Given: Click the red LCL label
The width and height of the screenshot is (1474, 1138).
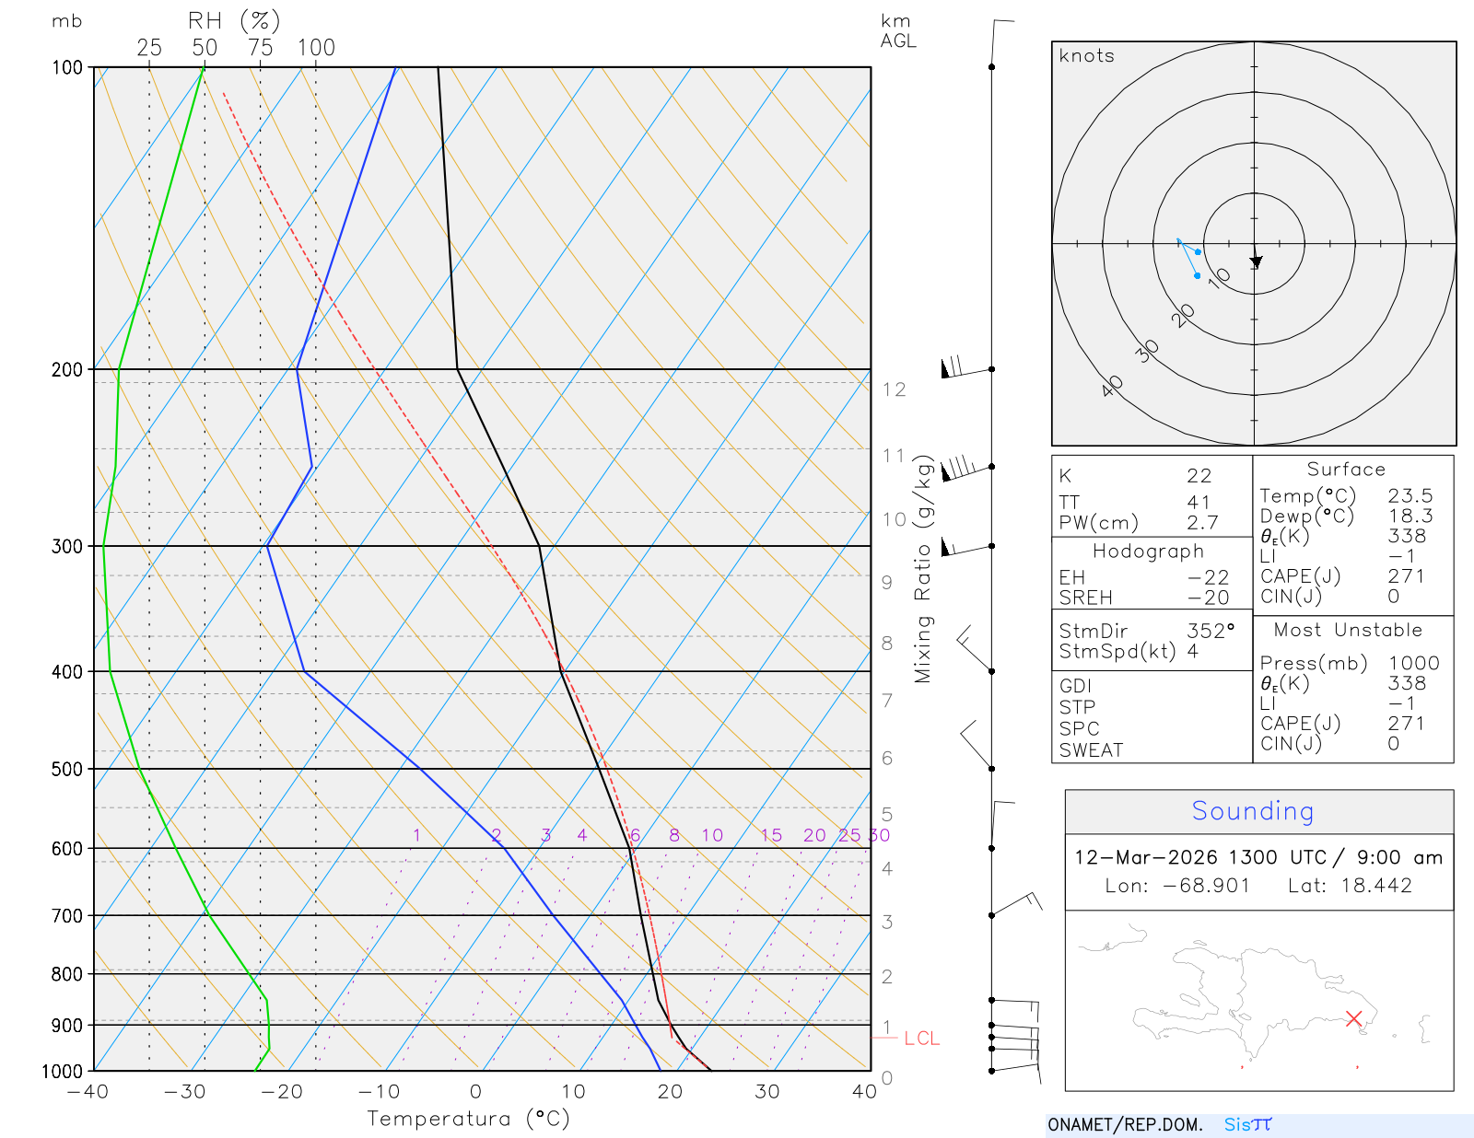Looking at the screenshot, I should (921, 1039).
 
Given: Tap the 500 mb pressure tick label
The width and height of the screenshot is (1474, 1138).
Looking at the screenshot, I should (66, 769).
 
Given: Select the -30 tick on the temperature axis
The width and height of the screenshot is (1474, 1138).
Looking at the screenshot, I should (184, 1092).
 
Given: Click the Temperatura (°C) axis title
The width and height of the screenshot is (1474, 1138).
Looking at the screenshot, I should (468, 1119).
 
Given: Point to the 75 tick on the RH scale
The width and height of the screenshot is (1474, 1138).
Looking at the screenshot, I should (260, 48).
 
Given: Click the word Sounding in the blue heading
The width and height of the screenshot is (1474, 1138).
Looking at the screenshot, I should (1252, 811).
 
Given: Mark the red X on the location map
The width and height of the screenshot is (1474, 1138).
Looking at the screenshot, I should (1353, 1018).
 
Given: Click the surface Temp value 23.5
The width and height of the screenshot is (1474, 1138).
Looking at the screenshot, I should (1410, 496).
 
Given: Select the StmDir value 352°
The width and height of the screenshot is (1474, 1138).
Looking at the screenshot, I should (1210, 632).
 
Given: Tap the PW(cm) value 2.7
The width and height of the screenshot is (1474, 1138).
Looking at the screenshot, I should (1202, 523).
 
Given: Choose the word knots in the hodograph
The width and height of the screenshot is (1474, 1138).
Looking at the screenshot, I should (1086, 56).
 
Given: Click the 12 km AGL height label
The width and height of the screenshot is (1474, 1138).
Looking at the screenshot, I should (894, 389).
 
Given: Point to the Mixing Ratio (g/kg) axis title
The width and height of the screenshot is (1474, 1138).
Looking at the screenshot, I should (923, 569).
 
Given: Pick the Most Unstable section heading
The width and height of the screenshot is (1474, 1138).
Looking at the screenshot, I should (1347, 631).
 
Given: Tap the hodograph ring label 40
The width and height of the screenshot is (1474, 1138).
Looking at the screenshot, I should (1112, 386).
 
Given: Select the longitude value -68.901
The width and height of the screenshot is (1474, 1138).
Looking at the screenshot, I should (1204, 886).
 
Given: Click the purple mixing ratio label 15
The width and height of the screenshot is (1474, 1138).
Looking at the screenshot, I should (771, 835).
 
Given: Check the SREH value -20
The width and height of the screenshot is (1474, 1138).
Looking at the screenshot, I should (1209, 598).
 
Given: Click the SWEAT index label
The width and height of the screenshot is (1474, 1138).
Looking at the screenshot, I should (1091, 750).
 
